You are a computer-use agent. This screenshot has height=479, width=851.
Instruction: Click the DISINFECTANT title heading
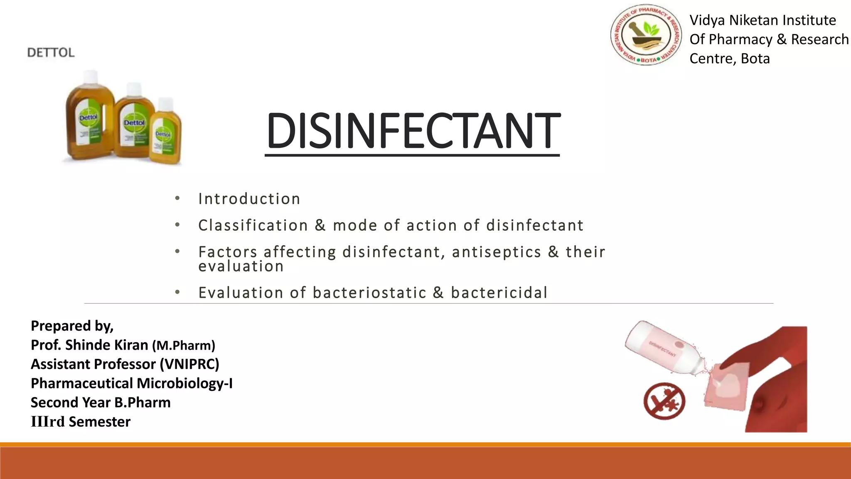pos(413,131)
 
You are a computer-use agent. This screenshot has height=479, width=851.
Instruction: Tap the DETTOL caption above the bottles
pos(51,52)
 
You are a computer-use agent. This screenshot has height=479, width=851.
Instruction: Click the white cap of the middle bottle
pos(134,89)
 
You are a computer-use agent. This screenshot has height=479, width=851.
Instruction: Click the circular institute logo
pos(645,35)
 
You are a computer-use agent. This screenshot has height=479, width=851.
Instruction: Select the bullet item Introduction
pos(249,199)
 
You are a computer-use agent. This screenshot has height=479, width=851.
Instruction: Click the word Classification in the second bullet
pos(253,225)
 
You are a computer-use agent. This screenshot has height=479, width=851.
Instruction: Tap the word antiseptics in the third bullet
pos(497,252)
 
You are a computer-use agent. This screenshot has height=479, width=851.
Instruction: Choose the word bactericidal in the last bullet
pos(499,293)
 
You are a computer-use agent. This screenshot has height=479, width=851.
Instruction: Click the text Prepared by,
pos(72,326)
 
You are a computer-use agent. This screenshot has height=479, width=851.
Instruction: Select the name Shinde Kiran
pos(106,345)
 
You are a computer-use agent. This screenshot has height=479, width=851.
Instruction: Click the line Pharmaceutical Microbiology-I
pos(131,383)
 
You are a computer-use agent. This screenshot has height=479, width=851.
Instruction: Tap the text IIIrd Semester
pos(81,422)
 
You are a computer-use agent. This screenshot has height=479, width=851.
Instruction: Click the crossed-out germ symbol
pos(664,401)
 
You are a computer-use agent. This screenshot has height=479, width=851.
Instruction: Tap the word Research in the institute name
pos(819,40)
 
